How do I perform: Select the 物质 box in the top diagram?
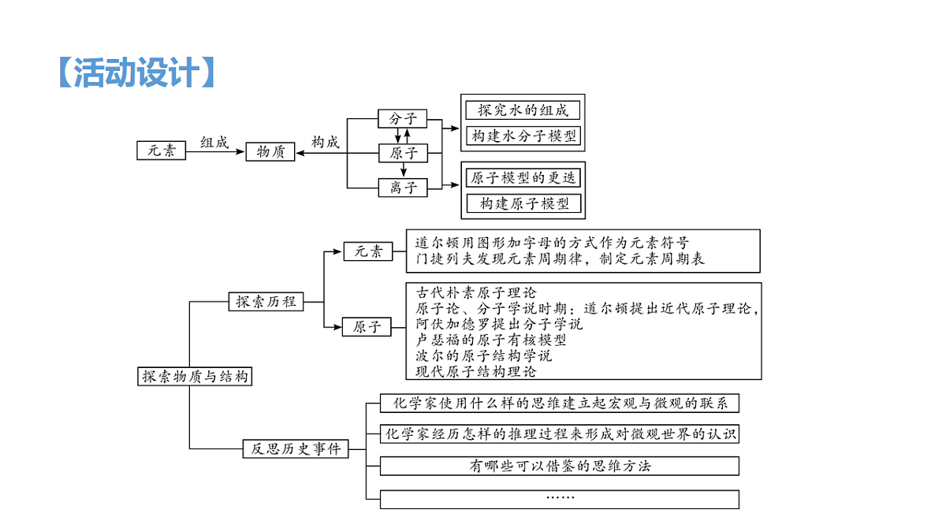tap(270, 151)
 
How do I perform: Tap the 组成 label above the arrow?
tap(214, 142)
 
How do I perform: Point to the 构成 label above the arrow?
tap(325, 142)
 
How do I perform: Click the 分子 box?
tap(403, 119)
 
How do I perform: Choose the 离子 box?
tap(403, 188)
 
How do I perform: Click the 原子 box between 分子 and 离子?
tap(403, 153)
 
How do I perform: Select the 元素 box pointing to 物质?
tap(162, 151)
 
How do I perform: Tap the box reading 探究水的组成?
tap(523, 110)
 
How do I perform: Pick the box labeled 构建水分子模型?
tap(523, 136)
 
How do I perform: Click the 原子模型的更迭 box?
tap(523, 177)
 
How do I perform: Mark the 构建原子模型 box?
tap(523, 203)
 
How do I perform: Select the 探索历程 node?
tap(266, 301)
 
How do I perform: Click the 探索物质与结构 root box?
tap(194, 377)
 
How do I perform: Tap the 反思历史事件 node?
tap(295, 449)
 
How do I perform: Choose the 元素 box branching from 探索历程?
tap(367, 251)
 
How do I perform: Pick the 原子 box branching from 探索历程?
tap(367, 326)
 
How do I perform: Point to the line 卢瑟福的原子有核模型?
tap(490, 340)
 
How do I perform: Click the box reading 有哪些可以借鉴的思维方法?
tap(560, 466)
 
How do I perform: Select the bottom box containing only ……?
tap(560, 499)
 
